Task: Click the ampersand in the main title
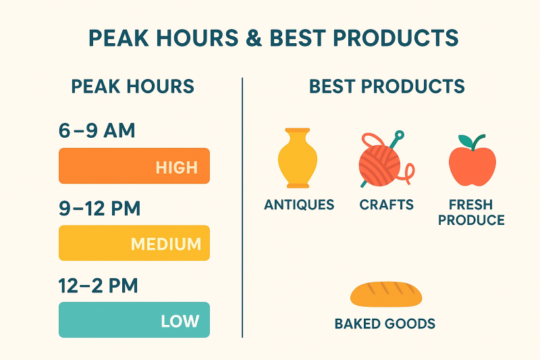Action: [254, 38]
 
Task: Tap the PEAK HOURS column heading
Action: [132, 86]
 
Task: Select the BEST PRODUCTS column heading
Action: [387, 86]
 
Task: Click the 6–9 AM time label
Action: [97, 130]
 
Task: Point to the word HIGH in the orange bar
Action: [177, 168]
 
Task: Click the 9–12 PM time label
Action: [99, 209]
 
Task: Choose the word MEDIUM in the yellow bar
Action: [166, 245]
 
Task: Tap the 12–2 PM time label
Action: [98, 286]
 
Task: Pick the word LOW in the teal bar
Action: [180, 321]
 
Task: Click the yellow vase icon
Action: [298, 158]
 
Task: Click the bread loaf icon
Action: [386, 294]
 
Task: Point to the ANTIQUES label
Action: [299, 205]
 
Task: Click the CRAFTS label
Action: [386, 205]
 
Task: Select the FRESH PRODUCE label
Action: [471, 212]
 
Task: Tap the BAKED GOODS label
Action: [385, 324]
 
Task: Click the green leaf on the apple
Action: [465, 140]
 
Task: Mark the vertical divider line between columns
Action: [242, 207]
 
